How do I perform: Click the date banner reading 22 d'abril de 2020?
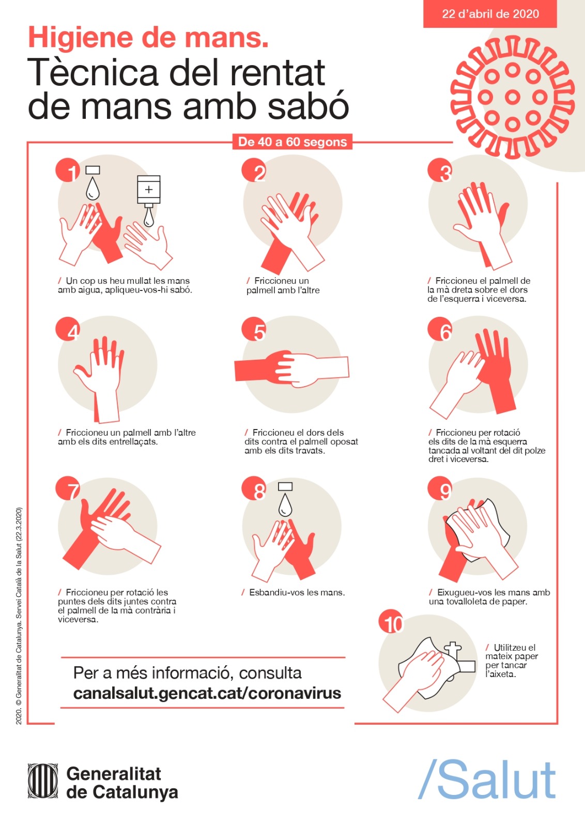[x=490, y=14]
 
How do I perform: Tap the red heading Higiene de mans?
[x=148, y=38]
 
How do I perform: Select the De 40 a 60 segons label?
[x=292, y=142]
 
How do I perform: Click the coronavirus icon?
[x=512, y=98]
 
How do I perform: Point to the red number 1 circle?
[x=68, y=170]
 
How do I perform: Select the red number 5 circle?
[x=254, y=329]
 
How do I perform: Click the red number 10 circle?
[x=391, y=622]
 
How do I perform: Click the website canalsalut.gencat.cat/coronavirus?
[x=207, y=693]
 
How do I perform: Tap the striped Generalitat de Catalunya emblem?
[x=43, y=781]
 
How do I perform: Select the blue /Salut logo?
[x=487, y=779]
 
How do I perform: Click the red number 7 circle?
[x=68, y=488]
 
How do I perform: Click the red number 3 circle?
[x=440, y=170]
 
